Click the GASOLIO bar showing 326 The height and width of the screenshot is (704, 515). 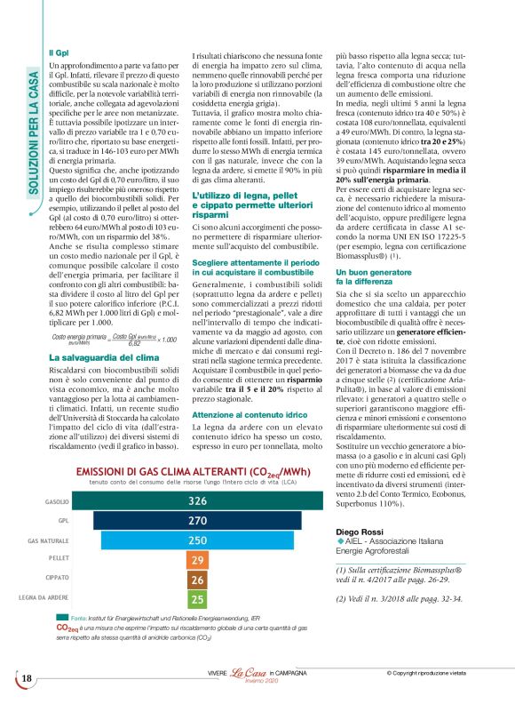(196, 501)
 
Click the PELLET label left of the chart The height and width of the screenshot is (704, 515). (58, 559)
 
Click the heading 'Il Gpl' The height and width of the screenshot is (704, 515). (58, 53)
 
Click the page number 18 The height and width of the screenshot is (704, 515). (26, 680)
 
